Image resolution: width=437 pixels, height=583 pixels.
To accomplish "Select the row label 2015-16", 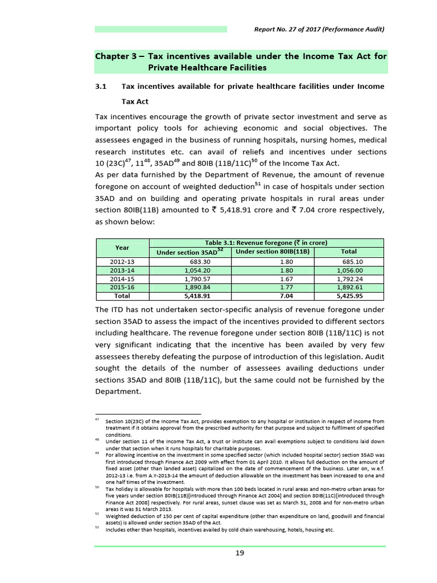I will (x=122, y=288).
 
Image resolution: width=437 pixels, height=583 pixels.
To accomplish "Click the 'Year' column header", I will (x=122, y=248).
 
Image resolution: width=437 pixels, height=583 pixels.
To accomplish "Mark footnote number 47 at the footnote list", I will (x=97, y=420).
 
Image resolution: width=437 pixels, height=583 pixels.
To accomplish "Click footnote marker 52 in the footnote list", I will (x=97, y=528).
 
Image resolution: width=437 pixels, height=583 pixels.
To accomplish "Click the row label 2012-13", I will (x=122, y=262).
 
